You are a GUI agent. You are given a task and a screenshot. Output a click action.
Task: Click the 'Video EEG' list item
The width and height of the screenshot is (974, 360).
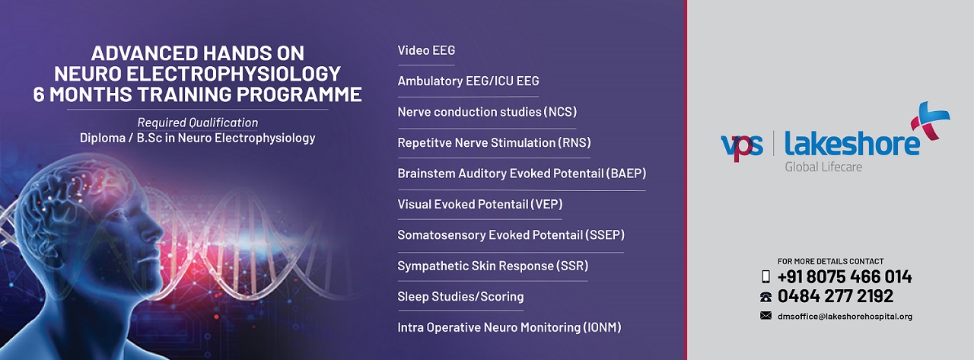coord(426,51)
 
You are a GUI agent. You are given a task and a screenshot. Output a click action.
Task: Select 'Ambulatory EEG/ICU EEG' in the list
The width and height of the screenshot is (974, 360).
coord(468,81)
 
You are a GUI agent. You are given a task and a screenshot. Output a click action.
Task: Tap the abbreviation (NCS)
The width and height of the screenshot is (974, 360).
coord(560,113)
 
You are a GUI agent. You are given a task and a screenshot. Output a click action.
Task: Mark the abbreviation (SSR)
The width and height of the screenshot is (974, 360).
coord(572,266)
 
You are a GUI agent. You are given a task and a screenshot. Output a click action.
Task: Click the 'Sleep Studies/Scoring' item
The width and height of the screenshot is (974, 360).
coord(460,297)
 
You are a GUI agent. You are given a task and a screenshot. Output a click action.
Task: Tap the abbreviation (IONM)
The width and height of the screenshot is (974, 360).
coord(602,328)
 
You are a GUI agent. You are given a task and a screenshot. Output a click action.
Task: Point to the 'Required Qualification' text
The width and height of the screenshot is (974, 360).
coord(197,123)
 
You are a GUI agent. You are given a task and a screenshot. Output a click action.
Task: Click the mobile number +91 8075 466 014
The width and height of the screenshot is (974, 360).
coord(844,277)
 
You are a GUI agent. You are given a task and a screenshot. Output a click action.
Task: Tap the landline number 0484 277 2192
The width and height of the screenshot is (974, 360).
coord(835,297)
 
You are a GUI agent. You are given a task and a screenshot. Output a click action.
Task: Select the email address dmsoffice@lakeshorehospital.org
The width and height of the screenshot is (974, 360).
coord(845,317)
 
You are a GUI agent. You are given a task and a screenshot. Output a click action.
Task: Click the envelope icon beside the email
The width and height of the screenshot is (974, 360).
coord(766,316)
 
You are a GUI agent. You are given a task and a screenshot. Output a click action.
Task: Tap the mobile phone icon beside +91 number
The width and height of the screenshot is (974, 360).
coord(766,277)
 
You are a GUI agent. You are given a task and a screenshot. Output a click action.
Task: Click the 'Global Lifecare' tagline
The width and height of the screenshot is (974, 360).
coord(823,167)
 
